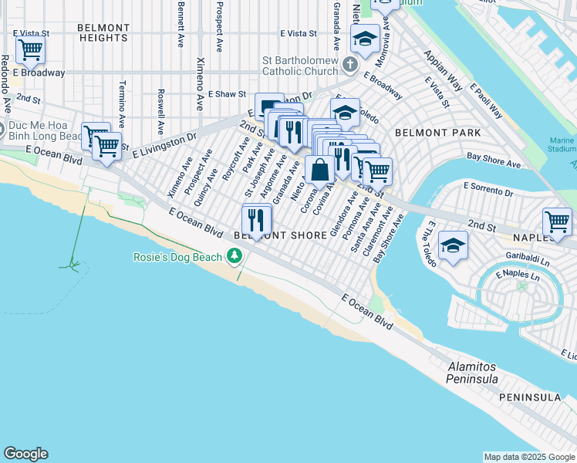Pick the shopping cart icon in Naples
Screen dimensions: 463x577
(557, 222)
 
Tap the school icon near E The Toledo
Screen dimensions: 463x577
(452, 247)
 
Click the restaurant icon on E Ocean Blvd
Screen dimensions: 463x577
(257, 220)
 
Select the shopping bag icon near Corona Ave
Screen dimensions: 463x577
(319, 169)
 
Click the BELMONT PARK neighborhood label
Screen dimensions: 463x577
(437, 133)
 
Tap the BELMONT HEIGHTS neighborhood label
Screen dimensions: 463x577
(103, 32)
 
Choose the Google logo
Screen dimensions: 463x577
(25, 454)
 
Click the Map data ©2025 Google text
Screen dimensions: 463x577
(528, 457)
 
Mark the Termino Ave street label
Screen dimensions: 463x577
(122, 103)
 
